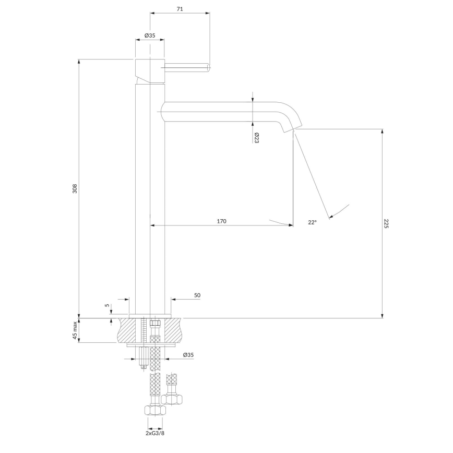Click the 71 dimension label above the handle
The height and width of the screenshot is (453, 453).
coord(180,9)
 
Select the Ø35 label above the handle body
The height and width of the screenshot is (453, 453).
coord(150,35)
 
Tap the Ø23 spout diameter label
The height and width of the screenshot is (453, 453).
coord(257,138)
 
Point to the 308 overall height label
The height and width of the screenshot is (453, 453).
coord(75,188)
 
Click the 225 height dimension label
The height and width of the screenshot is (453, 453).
coord(386,224)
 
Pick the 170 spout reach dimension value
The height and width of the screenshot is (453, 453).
coord(221,221)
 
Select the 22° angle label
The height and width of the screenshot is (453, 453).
coord(312,222)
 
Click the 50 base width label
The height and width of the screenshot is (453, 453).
coord(197,295)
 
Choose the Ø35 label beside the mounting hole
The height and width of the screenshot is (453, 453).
coord(188,355)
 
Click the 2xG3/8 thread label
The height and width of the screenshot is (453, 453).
coord(156,433)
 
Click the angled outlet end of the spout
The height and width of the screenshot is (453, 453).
coord(292,128)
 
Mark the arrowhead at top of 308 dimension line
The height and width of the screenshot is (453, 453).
coord(79,62)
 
